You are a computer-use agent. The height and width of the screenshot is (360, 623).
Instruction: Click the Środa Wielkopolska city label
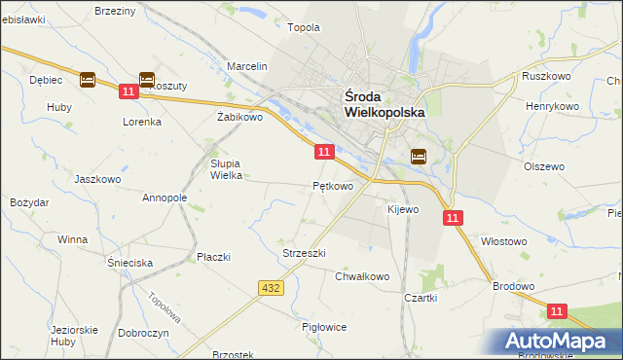[385, 104]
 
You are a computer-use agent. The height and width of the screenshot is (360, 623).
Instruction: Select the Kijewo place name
[402, 209]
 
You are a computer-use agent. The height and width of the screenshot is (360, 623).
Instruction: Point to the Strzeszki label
[304, 253]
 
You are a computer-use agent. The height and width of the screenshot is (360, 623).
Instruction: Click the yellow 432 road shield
[272, 288]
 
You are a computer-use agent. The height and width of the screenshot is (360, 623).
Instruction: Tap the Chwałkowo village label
[362, 276]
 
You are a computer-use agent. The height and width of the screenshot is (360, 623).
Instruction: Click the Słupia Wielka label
[226, 169]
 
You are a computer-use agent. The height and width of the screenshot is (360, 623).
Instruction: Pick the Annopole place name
[165, 198]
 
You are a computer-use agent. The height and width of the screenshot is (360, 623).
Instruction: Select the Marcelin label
[247, 66]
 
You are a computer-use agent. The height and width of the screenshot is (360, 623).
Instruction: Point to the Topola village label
[304, 27]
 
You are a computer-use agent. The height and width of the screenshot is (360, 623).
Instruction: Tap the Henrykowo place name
[552, 105]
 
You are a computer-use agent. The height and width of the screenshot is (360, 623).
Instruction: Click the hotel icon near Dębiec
[87, 80]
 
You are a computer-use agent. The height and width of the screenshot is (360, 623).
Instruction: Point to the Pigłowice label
[325, 327]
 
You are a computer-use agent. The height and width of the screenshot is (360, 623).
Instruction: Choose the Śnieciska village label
[130, 263]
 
